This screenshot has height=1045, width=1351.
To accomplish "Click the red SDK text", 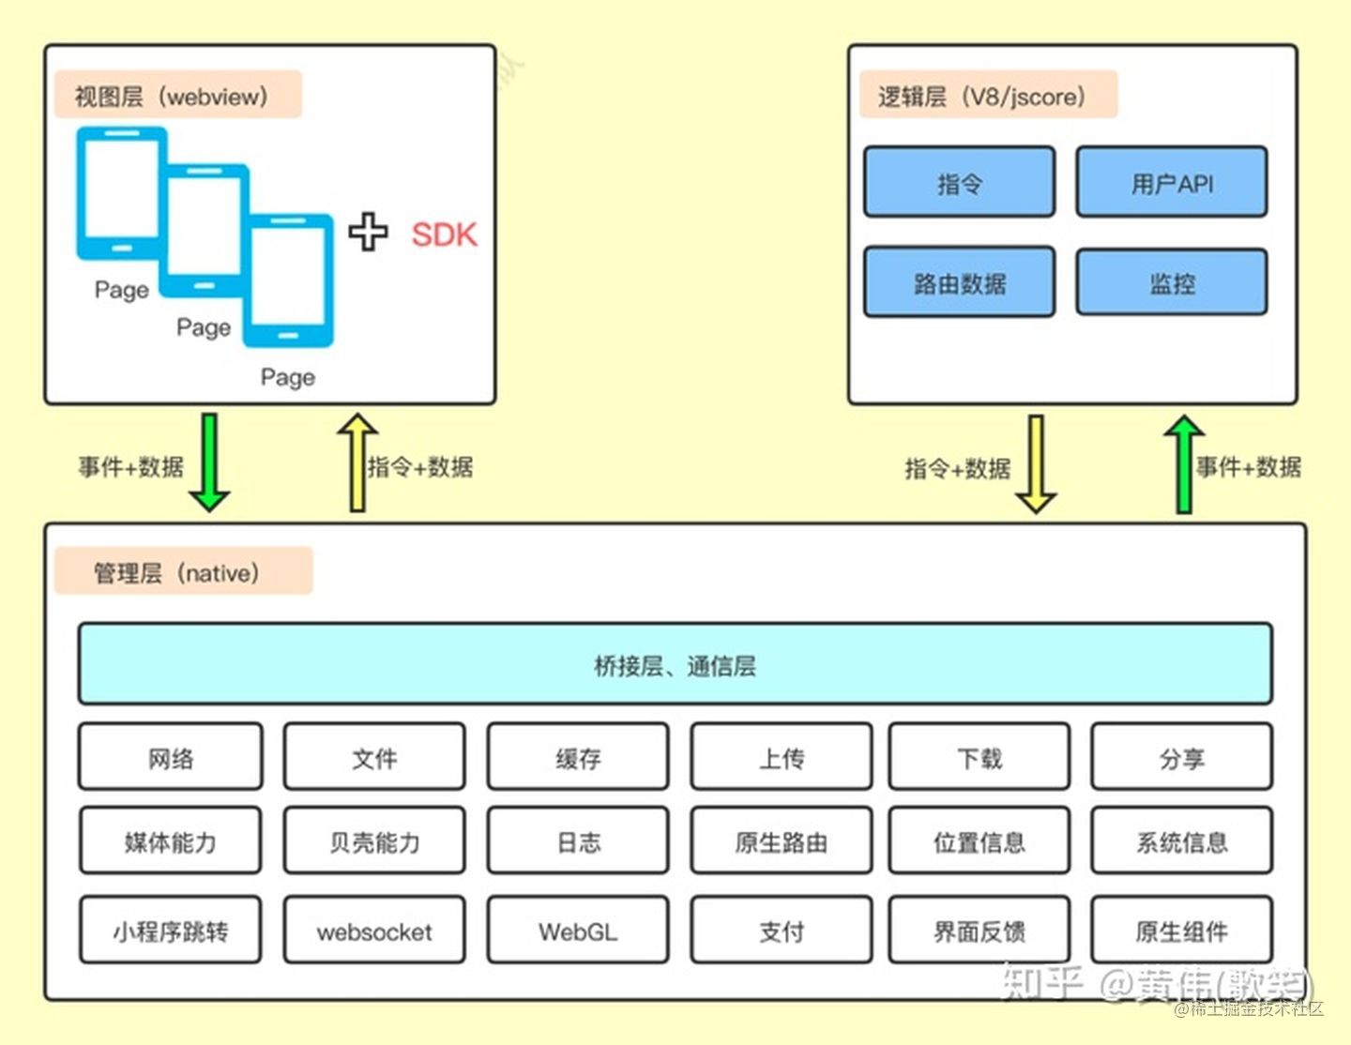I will (444, 235).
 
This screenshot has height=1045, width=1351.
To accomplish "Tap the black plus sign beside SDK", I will (368, 232).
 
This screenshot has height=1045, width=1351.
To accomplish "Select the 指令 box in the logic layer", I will (959, 182).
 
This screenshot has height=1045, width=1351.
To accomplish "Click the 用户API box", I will (1172, 182).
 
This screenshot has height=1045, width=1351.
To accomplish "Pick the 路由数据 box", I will (959, 282).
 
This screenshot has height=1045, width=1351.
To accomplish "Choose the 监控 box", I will (1172, 282).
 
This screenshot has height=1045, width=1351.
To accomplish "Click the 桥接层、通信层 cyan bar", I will (675, 664).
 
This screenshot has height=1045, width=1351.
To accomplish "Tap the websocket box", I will (374, 931).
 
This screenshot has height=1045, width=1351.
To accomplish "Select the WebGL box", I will (578, 931).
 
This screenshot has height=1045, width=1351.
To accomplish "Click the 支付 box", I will (782, 931).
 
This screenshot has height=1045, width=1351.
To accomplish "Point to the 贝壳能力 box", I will (374, 841).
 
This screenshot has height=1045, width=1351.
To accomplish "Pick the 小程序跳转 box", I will (170, 931).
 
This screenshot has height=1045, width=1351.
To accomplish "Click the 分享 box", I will (1181, 757).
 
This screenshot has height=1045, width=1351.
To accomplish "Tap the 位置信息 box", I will (979, 841).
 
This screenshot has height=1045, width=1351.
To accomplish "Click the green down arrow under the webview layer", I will (209, 462).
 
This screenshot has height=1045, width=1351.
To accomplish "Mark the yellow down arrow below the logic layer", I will (1036, 464).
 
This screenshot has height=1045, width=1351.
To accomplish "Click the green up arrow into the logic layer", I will (1184, 464).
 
